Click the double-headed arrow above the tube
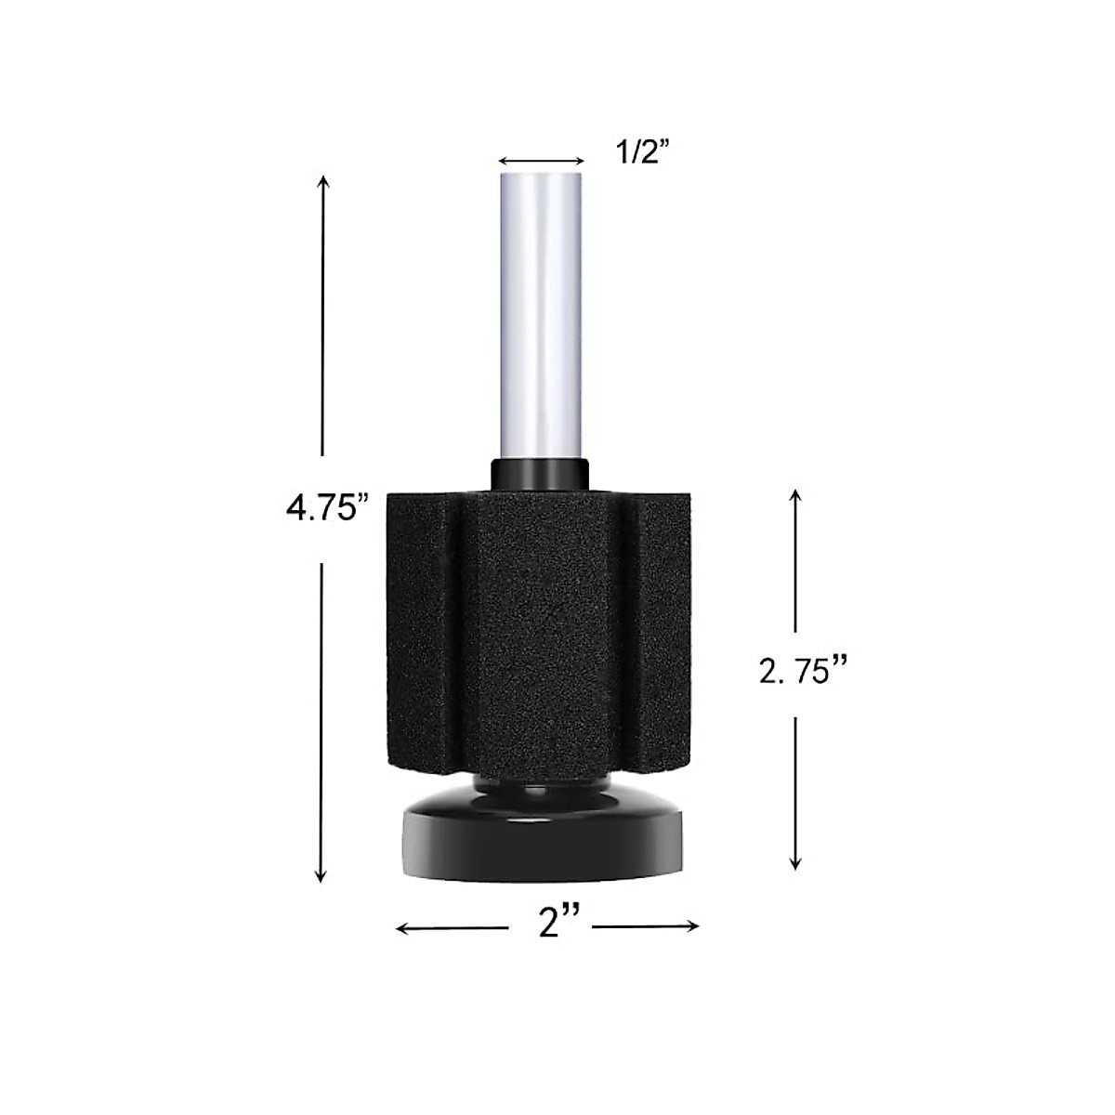(x=542, y=159)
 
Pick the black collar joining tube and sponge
(x=541, y=472)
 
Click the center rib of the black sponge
(x=541, y=641)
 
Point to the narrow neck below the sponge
(x=541, y=790)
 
